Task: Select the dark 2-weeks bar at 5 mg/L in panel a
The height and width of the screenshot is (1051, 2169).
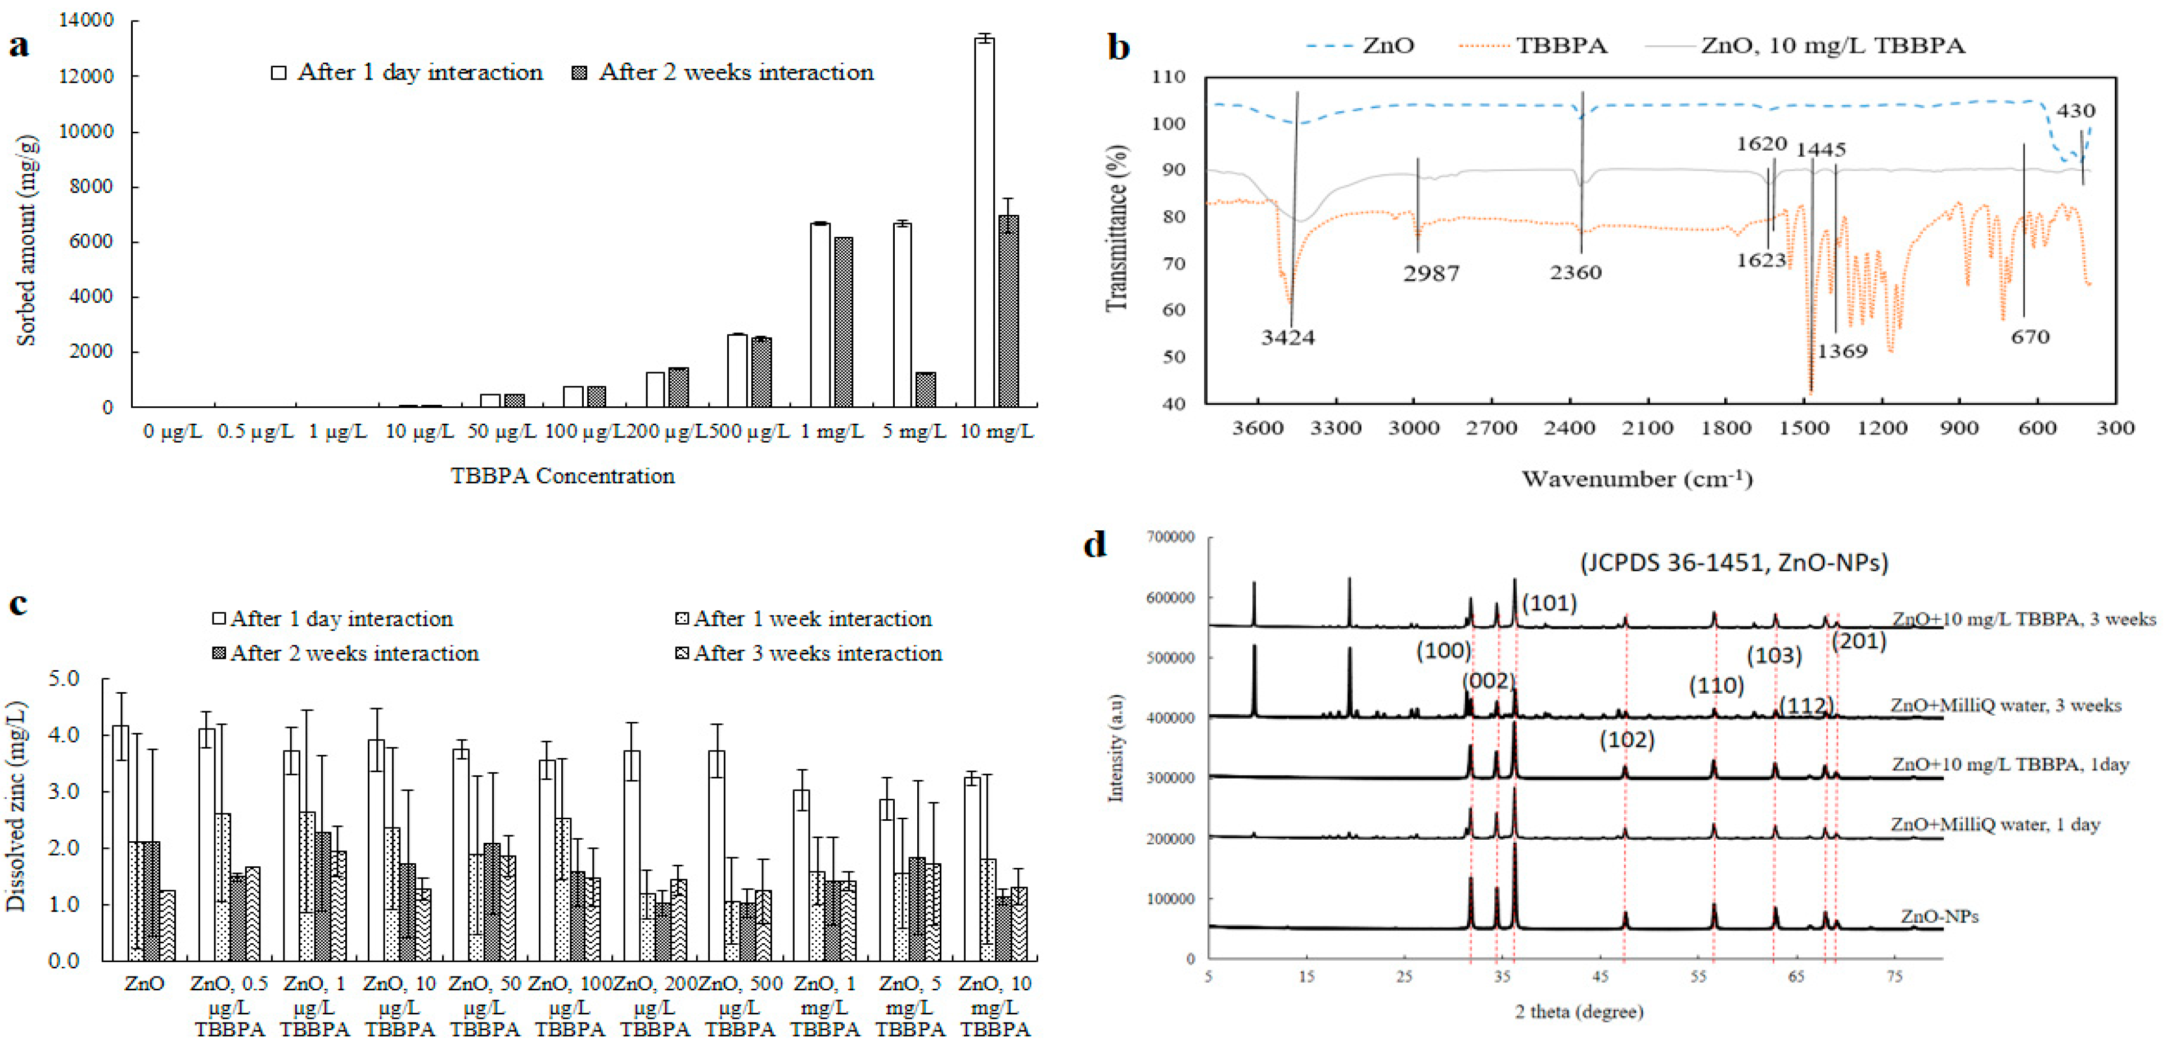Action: (x=925, y=389)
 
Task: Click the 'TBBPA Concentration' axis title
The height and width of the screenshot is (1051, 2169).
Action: (x=562, y=476)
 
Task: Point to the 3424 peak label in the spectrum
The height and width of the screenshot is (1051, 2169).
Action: (x=1288, y=337)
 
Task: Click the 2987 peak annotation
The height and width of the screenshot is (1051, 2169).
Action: (x=1431, y=273)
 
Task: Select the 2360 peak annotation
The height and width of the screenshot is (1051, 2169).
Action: (x=1576, y=272)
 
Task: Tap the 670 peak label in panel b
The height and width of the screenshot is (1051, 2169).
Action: (x=2029, y=336)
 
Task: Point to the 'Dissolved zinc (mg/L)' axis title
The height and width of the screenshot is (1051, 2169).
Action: (x=17, y=806)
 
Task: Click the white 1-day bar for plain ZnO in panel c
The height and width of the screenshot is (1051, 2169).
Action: (x=121, y=842)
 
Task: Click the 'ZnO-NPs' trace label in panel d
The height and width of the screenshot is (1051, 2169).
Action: (x=1938, y=916)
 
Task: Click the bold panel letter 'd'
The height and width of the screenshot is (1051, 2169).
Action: (x=1094, y=545)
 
